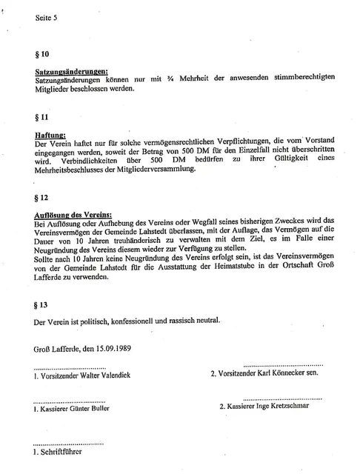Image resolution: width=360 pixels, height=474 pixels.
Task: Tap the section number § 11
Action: pos(42,117)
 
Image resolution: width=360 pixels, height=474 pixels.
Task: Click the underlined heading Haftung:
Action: pos(50,136)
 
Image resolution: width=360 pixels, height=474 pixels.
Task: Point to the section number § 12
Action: pos(42,198)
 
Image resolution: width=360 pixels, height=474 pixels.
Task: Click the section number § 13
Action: pos(42,304)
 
